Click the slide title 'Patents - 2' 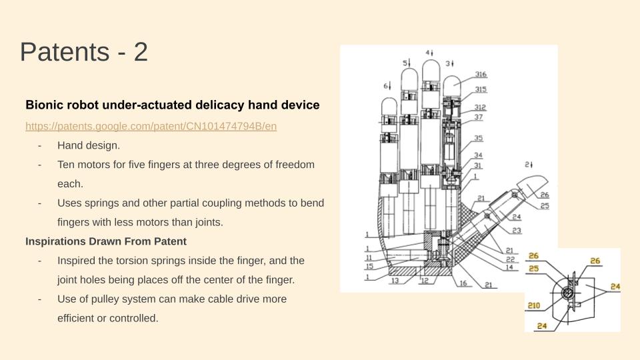[x=84, y=52]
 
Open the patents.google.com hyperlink [x=151, y=126]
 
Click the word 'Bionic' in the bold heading [x=42, y=105]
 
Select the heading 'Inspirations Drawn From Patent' [x=105, y=241]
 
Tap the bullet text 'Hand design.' [x=89, y=145]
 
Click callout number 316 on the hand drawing [x=481, y=74]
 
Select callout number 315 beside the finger [x=481, y=89]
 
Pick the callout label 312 [x=480, y=107]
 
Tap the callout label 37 [x=478, y=117]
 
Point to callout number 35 [x=478, y=139]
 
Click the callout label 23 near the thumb [x=517, y=231]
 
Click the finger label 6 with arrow [x=386, y=86]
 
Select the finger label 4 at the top [x=429, y=52]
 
